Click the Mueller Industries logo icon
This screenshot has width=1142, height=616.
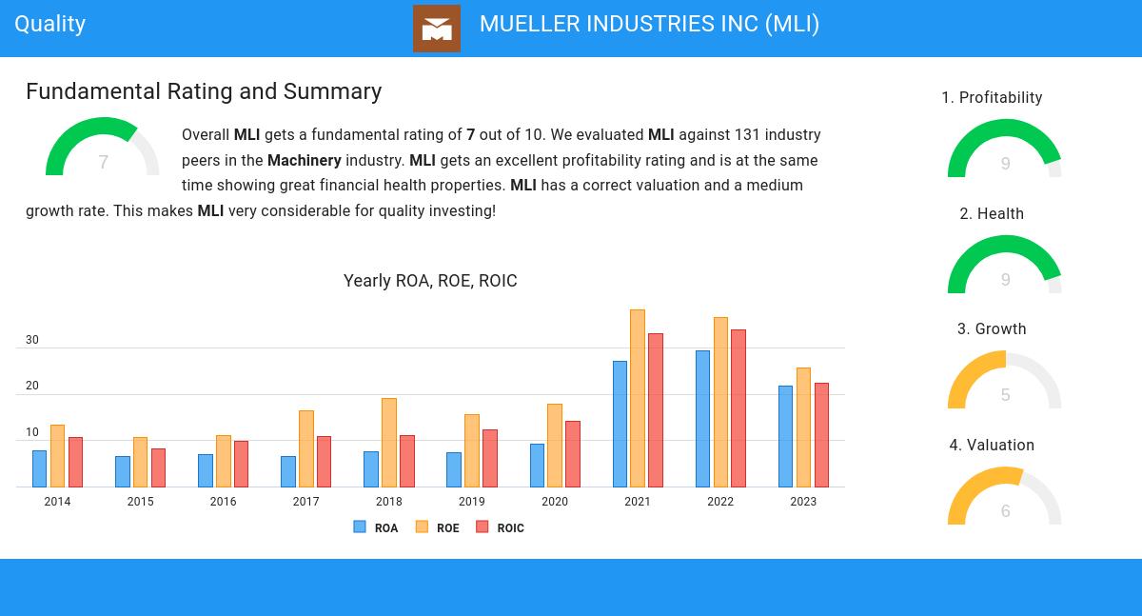coord(437,29)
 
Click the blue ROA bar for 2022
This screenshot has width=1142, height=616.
coord(702,419)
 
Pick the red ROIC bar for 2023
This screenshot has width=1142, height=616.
coord(821,435)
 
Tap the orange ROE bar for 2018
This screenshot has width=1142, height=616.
coord(389,443)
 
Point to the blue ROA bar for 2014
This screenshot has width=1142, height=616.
coord(39,468)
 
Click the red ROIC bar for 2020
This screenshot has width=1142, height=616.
coord(573,454)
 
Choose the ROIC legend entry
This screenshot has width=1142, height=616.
coord(501,527)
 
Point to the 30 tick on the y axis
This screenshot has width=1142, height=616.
coord(32,340)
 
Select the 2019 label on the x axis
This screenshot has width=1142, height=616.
coord(472,502)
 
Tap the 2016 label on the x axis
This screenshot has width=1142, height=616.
coord(223,502)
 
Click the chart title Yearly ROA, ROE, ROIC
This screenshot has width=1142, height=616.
coord(430,281)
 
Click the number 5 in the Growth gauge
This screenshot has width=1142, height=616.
coord(1005,395)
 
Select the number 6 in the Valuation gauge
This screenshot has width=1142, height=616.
coord(1005,511)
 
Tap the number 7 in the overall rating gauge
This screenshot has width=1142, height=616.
coord(103,163)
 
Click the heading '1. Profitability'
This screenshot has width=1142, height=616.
coord(992,98)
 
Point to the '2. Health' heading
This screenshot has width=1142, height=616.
coord(992,214)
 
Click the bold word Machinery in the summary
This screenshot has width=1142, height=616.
coord(304,160)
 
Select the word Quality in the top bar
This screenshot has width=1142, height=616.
coord(50,24)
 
